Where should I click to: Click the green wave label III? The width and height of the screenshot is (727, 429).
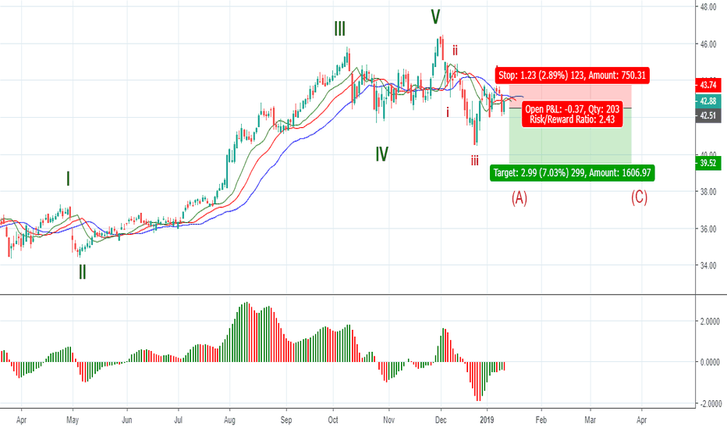(340, 30)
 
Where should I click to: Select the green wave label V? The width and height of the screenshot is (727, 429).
(435, 16)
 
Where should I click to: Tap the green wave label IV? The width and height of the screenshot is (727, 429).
(381, 154)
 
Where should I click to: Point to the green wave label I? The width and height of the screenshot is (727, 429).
(69, 179)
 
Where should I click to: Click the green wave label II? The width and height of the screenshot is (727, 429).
(82, 272)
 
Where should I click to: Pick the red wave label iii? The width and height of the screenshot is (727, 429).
(474, 161)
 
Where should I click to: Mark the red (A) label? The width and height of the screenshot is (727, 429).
(520, 198)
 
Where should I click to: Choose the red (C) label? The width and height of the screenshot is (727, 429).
(639, 197)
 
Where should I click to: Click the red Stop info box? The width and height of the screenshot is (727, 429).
(573, 76)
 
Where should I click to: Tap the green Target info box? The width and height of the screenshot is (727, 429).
(573, 173)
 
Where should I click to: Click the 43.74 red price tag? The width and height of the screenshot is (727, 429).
(708, 84)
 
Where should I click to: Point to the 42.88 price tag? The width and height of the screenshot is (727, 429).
(708, 101)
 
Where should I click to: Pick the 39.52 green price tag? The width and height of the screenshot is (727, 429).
(708, 163)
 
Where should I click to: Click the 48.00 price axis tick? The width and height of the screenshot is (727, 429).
(708, 7)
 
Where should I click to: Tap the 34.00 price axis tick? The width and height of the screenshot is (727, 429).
(708, 266)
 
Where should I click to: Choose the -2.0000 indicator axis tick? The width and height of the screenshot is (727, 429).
(707, 403)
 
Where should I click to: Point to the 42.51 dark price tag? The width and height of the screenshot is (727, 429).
(708, 115)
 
